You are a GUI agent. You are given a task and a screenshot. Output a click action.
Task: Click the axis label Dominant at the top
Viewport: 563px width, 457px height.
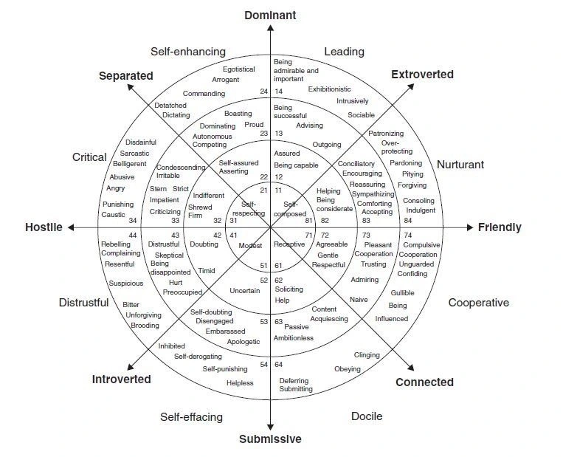pyautogui.click(x=269, y=15)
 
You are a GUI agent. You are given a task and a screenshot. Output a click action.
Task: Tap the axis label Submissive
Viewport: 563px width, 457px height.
pyautogui.click(x=270, y=439)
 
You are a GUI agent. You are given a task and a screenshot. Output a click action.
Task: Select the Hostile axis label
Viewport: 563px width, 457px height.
pyautogui.click(x=44, y=227)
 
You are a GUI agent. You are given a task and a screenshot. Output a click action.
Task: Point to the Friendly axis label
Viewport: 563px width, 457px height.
pyautogui.click(x=499, y=227)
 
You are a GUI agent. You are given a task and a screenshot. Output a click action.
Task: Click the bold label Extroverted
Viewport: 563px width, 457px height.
pyautogui.click(x=422, y=75)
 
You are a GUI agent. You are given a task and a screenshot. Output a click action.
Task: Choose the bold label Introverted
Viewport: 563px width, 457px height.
pyautogui.click(x=121, y=379)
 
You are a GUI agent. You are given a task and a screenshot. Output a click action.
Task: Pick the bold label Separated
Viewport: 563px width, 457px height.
pyautogui.click(x=125, y=76)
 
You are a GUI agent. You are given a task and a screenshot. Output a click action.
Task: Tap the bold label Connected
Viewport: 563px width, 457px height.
pyautogui.click(x=424, y=382)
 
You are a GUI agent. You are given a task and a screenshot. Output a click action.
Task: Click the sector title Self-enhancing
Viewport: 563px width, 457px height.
pyautogui.click(x=188, y=52)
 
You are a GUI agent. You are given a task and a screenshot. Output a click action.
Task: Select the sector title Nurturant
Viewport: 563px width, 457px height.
pyautogui.click(x=460, y=165)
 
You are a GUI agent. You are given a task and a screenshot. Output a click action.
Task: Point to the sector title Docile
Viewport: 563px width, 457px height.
pyautogui.click(x=367, y=416)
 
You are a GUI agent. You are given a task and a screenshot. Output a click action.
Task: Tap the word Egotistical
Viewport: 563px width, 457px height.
pyautogui.click(x=238, y=69)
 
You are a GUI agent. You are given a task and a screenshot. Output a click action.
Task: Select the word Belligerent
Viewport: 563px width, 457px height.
pyautogui.click(x=129, y=164)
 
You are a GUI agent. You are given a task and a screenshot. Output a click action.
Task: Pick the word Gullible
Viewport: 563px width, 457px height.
pyautogui.click(x=402, y=293)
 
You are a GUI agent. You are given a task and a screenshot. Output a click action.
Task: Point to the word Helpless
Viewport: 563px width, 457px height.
pyautogui.click(x=240, y=383)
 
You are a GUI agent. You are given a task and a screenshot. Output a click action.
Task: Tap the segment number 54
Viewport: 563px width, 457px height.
pyautogui.click(x=263, y=365)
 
